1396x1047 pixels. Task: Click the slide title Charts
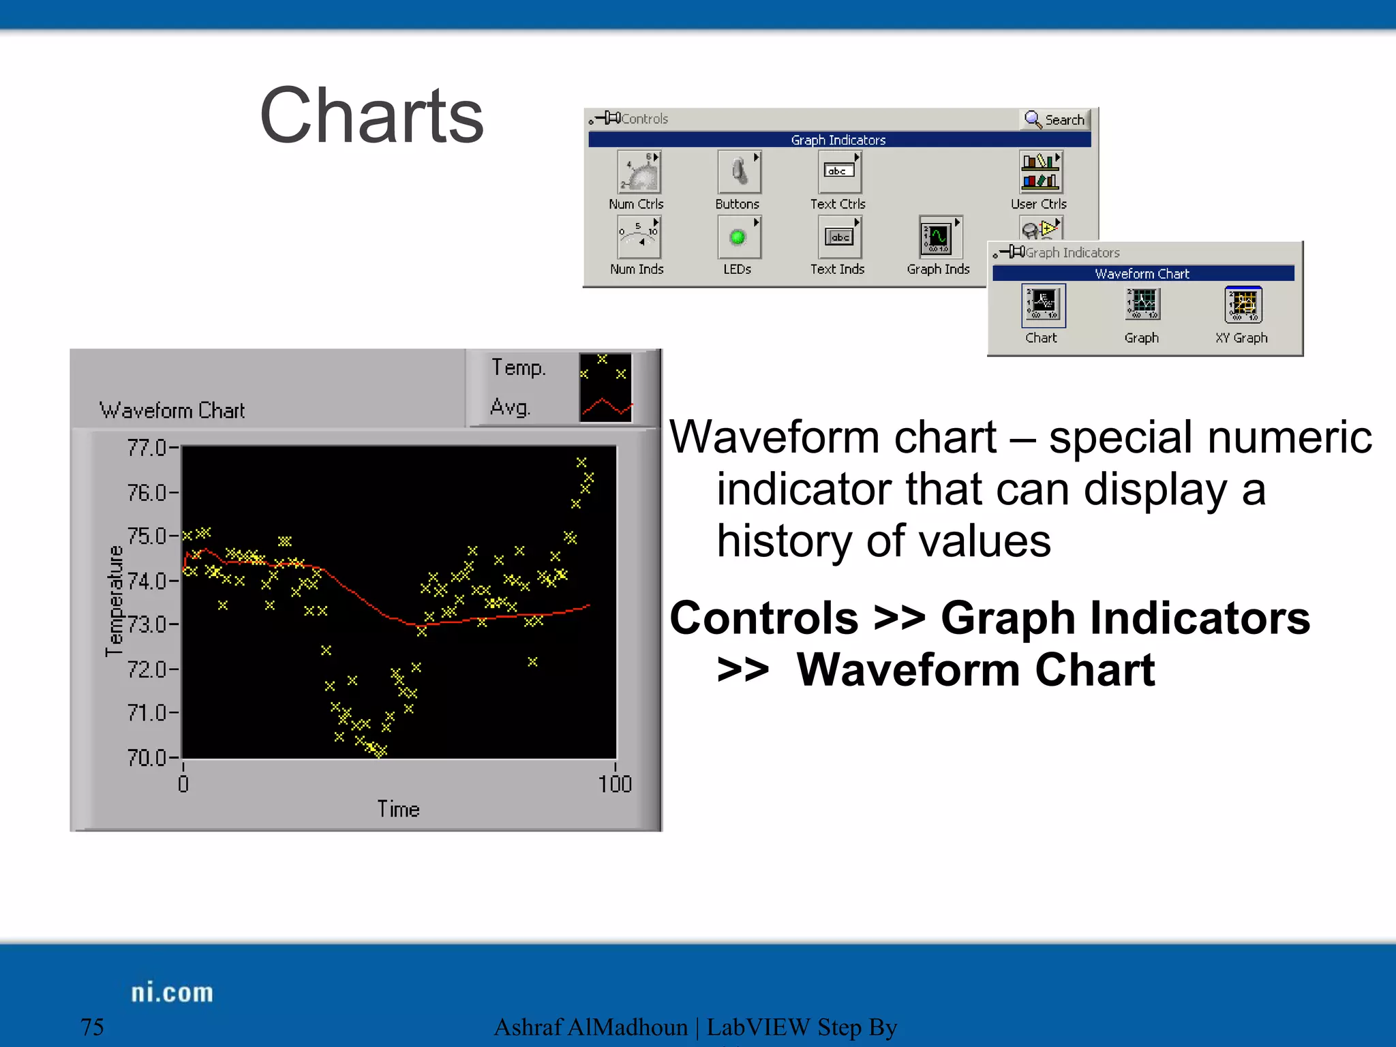[371, 116]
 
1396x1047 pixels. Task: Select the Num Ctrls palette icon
[639, 172]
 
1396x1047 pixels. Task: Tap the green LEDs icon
[738, 237]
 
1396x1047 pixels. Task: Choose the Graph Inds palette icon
[939, 237]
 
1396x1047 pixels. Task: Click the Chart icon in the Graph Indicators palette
[1043, 305]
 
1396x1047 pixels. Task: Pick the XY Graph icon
[1243, 305]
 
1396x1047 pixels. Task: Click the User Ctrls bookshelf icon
[1040, 172]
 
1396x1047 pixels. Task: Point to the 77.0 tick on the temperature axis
[149, 448]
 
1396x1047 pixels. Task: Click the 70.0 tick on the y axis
[149, 757]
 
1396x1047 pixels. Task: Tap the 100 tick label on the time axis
[615, 784]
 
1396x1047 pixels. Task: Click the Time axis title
[399, 809]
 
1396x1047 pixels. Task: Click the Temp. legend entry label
[519, 368]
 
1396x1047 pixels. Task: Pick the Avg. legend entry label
[510, 408]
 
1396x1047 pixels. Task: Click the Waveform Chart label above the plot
[172, 410]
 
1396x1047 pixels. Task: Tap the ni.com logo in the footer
[172, 992]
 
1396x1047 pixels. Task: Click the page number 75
[92, 1027]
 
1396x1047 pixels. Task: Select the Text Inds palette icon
[839, 237]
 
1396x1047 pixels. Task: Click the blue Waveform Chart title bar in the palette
[1142, 273]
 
